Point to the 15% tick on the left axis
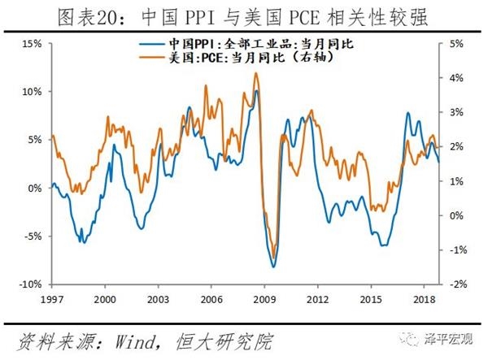[33, 43]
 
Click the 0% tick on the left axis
[35, 188]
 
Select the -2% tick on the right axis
[454, 284]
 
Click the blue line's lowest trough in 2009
[273, 267]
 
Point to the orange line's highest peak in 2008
[256, 73]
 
